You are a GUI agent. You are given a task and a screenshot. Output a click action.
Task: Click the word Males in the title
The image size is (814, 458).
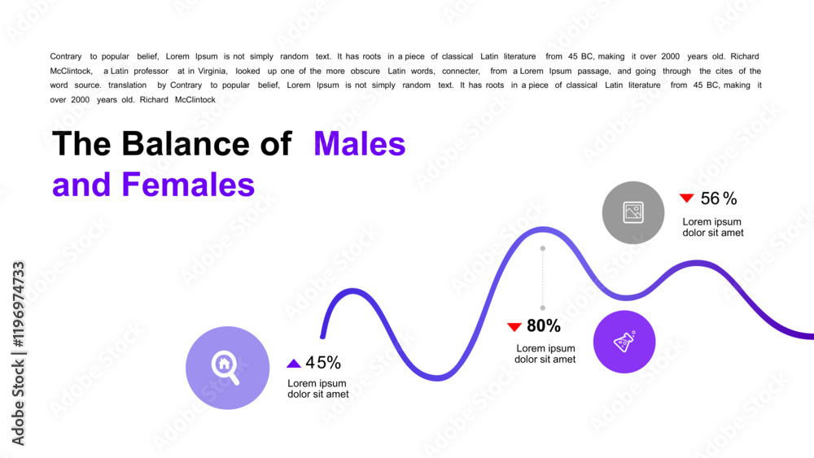359,144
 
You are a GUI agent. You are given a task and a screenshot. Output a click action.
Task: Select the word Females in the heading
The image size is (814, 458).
188,185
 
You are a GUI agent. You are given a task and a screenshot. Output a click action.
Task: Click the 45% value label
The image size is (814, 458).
323,363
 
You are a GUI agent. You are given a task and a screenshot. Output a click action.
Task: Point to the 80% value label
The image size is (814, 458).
544,326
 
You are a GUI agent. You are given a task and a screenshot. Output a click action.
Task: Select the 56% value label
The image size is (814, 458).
718,198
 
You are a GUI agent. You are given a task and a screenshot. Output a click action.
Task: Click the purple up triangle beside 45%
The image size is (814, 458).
294,364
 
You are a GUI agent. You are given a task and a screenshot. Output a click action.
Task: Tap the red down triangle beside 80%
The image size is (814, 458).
514,327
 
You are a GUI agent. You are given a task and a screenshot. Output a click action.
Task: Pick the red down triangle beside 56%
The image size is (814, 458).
687,198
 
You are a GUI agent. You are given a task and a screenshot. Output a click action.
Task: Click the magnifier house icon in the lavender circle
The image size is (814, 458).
225,367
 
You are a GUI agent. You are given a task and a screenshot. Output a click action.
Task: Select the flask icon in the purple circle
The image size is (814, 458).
624,342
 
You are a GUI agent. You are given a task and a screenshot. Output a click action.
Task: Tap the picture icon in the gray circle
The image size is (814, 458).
633,212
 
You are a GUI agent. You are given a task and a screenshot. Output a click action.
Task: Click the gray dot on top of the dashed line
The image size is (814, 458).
543,248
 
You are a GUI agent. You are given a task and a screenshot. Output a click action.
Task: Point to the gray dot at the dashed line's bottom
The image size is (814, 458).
543,308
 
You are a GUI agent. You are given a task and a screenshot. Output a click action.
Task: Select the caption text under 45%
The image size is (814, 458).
318,389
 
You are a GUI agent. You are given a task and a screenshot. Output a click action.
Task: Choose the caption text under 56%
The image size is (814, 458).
712,227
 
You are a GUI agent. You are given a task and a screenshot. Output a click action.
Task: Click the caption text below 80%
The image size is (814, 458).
545,354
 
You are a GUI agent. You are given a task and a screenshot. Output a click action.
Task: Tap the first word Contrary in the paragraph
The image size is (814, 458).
66,57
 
